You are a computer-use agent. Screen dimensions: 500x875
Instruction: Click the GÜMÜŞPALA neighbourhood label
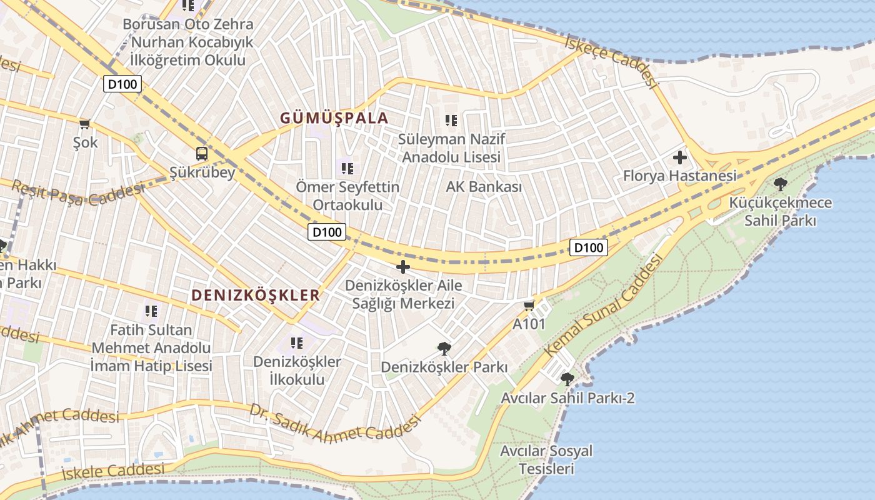(334, 117)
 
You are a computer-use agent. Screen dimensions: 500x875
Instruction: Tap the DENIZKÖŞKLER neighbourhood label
(255, 295)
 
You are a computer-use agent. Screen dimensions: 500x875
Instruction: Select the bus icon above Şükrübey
(202, 153)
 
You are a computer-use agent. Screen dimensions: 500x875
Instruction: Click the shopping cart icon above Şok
(85, 124)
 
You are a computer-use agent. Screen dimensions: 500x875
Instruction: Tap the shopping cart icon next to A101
(529, 306)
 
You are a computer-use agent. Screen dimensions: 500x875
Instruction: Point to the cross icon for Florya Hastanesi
(679, 157)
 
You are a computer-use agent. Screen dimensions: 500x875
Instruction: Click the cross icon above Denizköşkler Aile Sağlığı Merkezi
(403, 267)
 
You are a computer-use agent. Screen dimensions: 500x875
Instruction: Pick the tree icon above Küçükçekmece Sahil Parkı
(780, 184)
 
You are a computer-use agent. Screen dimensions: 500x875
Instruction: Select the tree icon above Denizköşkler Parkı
(444, 348)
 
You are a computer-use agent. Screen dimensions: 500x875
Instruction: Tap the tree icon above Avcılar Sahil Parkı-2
(567, 379)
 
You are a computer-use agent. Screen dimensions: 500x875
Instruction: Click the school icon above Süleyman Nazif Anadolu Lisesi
(451, 120)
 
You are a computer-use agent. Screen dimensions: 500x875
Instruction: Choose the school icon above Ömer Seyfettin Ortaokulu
(347, 167)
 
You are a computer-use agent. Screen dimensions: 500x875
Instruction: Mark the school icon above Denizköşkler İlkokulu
(297, 342)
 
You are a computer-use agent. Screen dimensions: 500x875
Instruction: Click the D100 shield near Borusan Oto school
(122, 84)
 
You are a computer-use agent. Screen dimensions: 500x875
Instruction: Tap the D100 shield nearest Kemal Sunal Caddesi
(589, 247)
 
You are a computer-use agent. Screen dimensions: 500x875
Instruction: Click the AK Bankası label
(484, 186)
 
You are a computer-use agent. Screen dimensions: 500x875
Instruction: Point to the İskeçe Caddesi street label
(612, 61)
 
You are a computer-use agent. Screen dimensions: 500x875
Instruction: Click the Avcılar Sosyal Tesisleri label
(546, 459)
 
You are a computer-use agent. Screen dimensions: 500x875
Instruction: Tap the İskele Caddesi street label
(113, 470)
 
